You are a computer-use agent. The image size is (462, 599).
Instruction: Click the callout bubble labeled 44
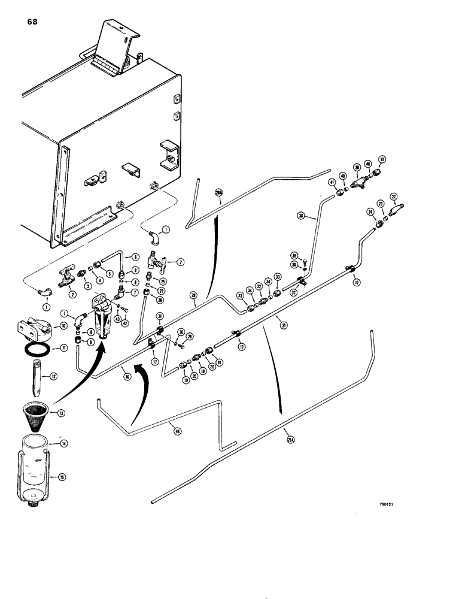coord(176,430)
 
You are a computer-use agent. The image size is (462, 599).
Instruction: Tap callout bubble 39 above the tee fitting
coord(357,168)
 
